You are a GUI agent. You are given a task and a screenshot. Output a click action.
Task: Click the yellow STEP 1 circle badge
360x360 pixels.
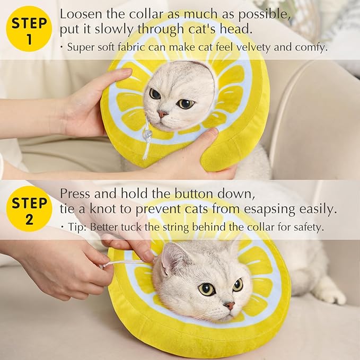click(29, 30)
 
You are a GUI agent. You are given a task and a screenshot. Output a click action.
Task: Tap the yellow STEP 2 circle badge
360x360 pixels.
click(29, 209)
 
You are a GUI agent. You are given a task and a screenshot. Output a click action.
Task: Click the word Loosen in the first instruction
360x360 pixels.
click(80, 14)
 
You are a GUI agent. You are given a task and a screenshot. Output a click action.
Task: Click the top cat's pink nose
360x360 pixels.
click(163, 113)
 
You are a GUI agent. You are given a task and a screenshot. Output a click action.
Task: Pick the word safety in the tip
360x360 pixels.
click(308, 226)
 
